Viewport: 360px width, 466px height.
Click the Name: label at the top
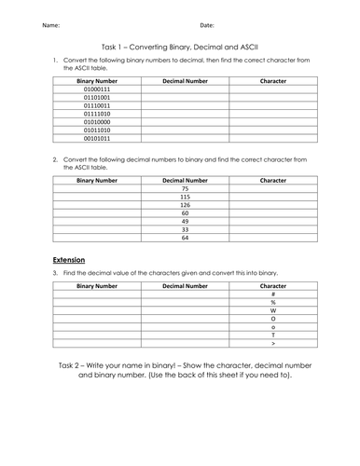54,24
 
